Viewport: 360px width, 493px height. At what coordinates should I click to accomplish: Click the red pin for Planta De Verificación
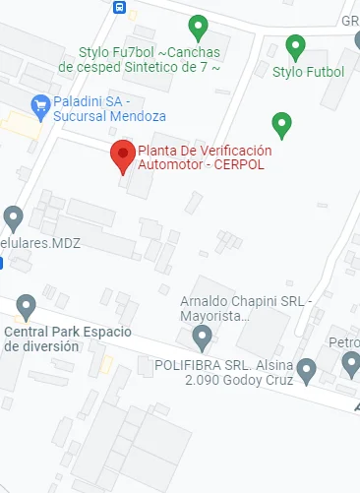pyautogui.click(x=122, y=155)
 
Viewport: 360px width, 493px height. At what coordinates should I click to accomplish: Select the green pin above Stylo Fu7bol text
pyautogui.click(x=198, y=27)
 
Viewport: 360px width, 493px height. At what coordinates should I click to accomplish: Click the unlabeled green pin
pyautogui.click(x=282, y=125)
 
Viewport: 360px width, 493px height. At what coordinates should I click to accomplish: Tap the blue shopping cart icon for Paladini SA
pyautogui.click(x=40, y=103)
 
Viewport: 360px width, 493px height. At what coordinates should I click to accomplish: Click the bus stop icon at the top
pyautogui.click(x=119, y=7)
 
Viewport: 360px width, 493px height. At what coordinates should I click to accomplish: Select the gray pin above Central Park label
pyautogui.click(x=27, y=306)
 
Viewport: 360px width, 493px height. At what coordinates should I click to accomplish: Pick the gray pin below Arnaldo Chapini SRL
pyautogui.click(x=203, y=339)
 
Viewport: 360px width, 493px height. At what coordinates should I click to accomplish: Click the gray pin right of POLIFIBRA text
pyautogui.click(x=306, y=370)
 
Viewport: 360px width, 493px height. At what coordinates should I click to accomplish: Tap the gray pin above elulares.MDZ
pyautogui.click(x=13, y=217)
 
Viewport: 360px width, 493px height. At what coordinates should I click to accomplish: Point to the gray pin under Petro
pyautogui.click(x=351, y=365)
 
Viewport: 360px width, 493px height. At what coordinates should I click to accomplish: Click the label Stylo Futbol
pyautogui.click(x=308, y=72)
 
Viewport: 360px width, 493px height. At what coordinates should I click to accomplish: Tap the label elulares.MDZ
pyautogui.click(x=40, y=242)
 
